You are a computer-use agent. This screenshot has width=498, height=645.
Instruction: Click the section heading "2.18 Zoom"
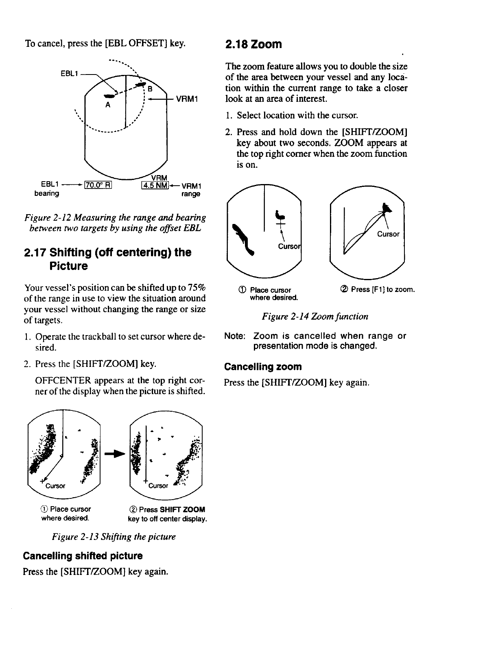pyautogui.click(x=253, y=44)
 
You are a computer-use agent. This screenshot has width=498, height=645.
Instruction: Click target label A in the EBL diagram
pyautogui.click(x=108, y=104)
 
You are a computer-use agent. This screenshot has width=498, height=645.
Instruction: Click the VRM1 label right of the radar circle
pyautogui.click(x=186, y=99)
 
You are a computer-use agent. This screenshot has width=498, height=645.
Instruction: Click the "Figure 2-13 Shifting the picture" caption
pyautogui.click(x=114, y=537)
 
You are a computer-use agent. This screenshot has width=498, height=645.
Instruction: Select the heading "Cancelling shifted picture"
pyautogui.click(x=83, y=556)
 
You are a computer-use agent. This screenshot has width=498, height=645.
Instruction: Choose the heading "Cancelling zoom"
pyautogui.click(x=263, y=367)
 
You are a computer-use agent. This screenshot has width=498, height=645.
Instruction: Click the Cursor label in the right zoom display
pyautogui.click(x=389, y=234)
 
